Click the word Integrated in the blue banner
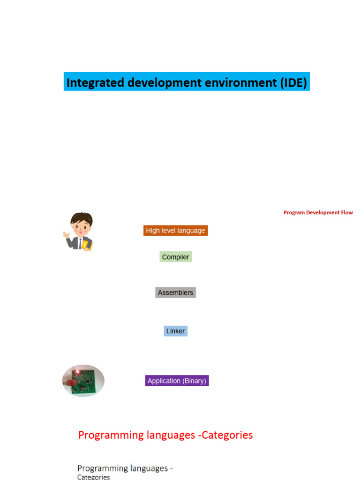tap(95, 82)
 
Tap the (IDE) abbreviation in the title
tap(293, 82)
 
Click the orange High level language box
tap(175, 231)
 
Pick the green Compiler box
tap(175, 257)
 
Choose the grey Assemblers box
tap(175, 292)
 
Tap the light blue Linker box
tap(175, 331)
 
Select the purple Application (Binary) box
tap(177, 381)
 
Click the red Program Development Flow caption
tap(318, 212)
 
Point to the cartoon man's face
tap(81, 228)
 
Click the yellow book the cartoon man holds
tap(87, 245)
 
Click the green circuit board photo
tap(83, 381)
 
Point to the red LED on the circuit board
tap(78, 371)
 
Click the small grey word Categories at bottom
tap(93, 477)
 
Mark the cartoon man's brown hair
tap(82, 217)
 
